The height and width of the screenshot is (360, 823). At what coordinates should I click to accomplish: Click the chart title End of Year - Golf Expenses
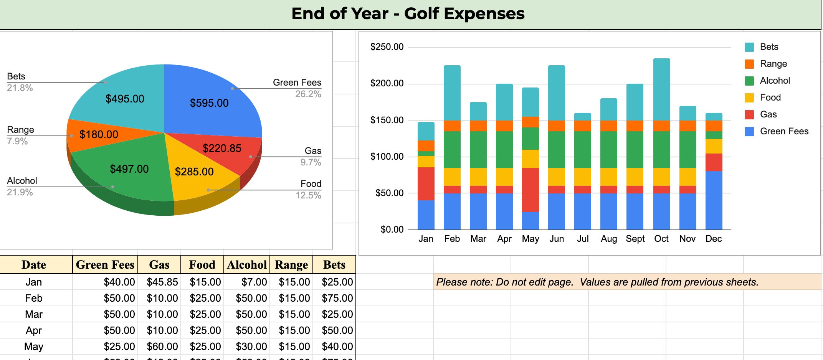(x=408, y=14)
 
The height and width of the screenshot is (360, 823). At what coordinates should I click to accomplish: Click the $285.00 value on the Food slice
(x=194, y=172)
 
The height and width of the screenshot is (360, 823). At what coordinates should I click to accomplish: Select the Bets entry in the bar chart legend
(x=768, y=47)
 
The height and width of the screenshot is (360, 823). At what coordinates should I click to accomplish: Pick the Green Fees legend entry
(x=784, y=131)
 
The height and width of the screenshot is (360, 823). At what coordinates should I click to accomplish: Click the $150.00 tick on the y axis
(x=387, y=120)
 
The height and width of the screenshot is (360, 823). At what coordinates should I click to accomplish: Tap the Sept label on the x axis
(x=635, y=239)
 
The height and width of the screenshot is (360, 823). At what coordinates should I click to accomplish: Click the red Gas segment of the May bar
(x=530, y=190)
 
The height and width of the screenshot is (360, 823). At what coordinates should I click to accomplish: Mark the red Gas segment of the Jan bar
(x=426, y=183)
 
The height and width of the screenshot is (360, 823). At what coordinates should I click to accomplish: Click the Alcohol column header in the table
(x=247, y=265)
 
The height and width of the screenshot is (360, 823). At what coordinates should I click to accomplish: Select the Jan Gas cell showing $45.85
(x=162, y=282)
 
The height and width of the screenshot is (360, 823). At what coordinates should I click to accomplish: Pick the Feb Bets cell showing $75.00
(x=337, y=298)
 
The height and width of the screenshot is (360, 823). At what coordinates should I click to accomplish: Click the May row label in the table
(x=34, y=347)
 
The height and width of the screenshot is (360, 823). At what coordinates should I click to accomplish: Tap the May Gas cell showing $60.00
(x=162, y=347)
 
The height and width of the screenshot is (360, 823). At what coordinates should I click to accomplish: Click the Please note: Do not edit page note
(x=597, y=282)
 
